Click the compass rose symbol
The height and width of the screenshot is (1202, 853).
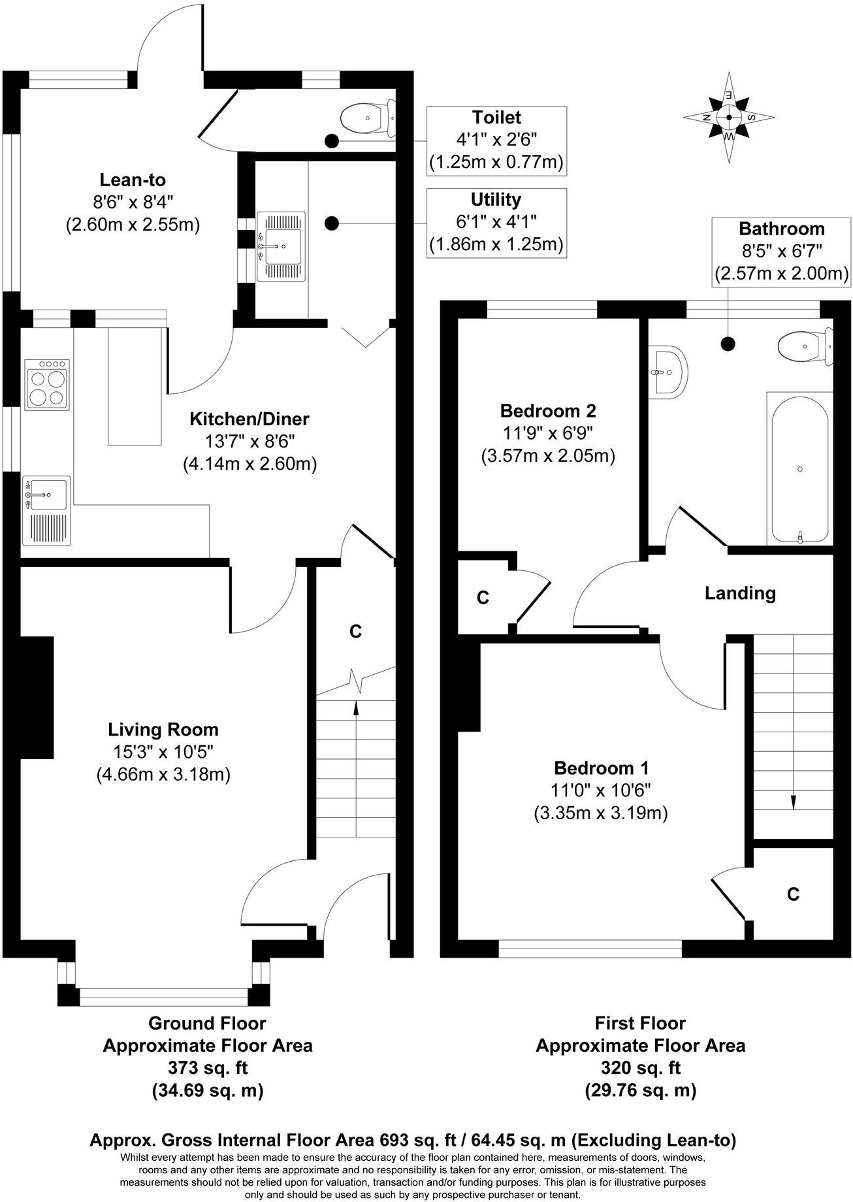[729, 118]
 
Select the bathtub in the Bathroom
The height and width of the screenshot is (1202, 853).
[799, 468]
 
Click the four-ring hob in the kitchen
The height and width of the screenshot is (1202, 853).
[46, 385]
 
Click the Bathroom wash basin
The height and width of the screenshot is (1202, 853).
[668, 372]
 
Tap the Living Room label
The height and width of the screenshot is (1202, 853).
[163, 729]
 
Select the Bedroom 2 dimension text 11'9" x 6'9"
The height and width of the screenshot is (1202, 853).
[548, 433]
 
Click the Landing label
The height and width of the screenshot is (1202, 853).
[740, 593]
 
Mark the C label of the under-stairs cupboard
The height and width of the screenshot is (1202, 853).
[355, 631]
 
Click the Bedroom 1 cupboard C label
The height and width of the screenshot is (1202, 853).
[793, 894]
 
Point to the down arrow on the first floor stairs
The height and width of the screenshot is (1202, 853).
[794, 801]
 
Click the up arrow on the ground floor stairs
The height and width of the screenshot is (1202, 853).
[355, 709]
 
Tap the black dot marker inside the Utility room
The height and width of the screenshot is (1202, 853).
[332, 223]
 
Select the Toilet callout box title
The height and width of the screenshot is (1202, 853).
[496, 118]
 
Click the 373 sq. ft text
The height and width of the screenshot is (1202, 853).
[208, 1068]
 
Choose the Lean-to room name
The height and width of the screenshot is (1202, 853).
[133, 180]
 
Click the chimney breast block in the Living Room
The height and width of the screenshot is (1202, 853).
[37, 697]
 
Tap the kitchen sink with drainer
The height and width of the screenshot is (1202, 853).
[46, 510]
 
